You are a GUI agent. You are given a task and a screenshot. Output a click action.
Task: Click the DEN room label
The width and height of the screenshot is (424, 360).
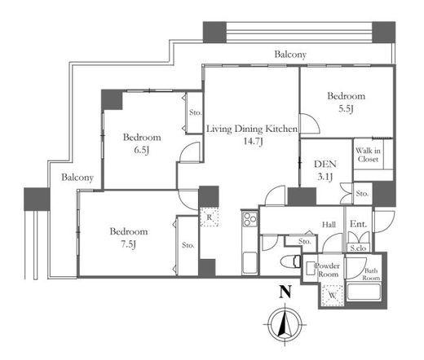(325, 164)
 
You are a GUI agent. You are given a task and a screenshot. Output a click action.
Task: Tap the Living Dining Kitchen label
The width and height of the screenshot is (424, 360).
(252, 129)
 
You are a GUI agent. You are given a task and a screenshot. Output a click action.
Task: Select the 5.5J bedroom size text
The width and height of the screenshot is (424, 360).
(346, 109)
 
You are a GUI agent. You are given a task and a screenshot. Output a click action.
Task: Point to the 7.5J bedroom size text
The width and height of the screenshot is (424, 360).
(128, 244)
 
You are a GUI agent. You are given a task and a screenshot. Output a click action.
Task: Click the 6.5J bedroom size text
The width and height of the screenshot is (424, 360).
(142, 150)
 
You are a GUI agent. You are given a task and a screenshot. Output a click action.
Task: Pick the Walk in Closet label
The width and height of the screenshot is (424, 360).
(368, 155)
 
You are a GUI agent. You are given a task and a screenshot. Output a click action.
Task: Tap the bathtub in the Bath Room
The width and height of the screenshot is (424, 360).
(364, 292)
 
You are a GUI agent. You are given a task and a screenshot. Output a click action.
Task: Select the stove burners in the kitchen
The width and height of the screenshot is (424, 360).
(250, 219)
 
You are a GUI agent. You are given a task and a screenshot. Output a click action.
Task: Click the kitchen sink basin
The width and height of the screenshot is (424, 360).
(250, 263)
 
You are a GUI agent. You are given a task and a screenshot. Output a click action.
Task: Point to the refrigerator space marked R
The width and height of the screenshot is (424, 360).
(209, 217)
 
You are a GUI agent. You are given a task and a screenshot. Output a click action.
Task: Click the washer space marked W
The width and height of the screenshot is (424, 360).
(332, 296)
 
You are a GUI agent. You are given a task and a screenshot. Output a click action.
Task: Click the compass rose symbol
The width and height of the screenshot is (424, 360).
(285, 325)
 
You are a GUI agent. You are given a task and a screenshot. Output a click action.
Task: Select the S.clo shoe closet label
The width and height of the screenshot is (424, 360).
(358, 248)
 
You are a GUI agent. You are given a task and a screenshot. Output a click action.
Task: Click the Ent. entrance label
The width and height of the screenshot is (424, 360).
(358, 224)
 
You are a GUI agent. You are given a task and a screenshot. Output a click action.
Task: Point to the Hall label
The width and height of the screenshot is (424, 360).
(329, 225)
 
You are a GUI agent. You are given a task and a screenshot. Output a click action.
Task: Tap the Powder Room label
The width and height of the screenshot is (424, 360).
(328, 270)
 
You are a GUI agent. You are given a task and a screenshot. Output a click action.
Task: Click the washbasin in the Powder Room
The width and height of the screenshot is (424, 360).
(310, 269)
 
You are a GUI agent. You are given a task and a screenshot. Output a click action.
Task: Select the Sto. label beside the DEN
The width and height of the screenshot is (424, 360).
(362, 194)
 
